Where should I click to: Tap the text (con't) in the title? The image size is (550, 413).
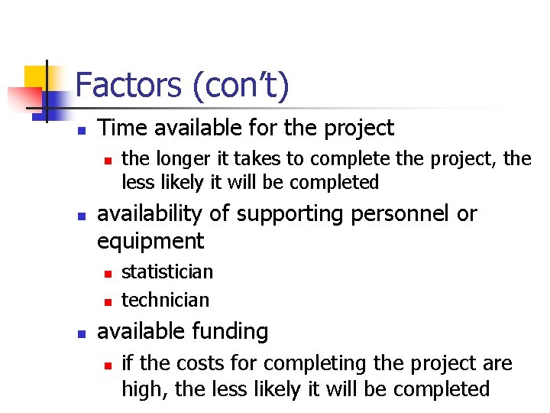tap(241, 86)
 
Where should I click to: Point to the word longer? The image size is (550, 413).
tap(186, 159)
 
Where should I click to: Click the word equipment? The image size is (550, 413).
tap(150, 242)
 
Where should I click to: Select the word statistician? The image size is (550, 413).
tap(167, 272)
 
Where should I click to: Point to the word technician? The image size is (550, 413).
tap(165, 300)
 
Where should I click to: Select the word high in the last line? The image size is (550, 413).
tap(144, 389)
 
